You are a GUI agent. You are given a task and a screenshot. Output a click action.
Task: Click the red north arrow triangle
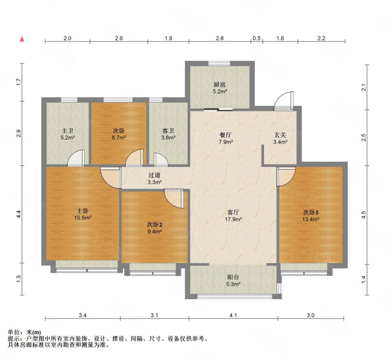[22, 39]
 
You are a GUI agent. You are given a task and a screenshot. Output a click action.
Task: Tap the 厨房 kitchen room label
[220, 85]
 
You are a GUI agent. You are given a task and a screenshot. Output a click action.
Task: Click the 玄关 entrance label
[281, 135]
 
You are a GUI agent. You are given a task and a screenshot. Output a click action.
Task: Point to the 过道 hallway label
[154, 175]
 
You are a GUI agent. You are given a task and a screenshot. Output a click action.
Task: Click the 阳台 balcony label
[233, 277]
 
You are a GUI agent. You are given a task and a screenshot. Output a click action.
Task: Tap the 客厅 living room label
[233, 212]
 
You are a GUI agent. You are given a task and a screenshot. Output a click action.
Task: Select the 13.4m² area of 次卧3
[311, 219]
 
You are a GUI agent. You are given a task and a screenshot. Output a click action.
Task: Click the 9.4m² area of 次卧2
[155, 232]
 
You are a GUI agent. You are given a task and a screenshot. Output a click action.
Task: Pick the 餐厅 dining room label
[226, 135]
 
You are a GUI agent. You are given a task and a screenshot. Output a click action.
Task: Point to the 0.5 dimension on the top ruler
[257, 38]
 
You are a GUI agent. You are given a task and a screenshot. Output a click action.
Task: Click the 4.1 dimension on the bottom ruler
[233, 315]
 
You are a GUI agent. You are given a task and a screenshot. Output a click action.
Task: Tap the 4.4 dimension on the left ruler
[18, 214]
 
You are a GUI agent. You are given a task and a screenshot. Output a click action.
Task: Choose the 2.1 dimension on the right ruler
[364, 88]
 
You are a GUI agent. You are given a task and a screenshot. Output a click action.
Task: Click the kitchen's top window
[219, 63]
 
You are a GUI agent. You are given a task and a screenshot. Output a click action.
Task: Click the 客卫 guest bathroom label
[168, 131]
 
